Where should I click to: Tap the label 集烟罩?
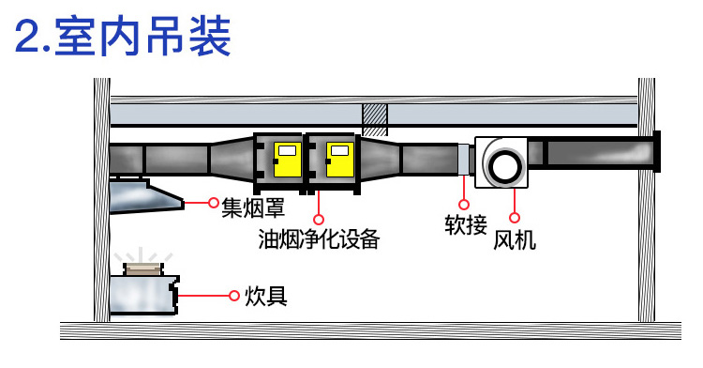(x=252, y=206)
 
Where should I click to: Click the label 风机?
(x=515, y=239)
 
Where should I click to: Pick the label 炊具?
(x=265, y=297)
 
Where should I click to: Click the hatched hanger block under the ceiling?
(x=375, y=118)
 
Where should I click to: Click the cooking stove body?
(x=142, y=295)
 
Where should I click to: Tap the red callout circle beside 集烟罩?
(x=214, y=202)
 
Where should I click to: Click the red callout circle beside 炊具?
(x=233, y=296)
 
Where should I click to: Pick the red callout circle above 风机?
(x=514, y=193)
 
